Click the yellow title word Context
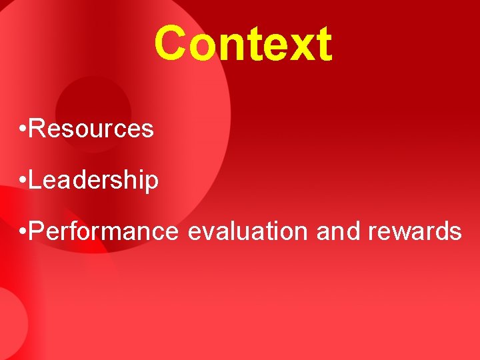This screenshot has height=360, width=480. click(243, 44)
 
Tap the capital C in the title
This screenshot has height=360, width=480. click(171, 44)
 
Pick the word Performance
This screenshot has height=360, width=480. click(104, 231)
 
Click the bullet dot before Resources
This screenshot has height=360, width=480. click(23, 128)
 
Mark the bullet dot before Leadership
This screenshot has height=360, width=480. click(23, 179)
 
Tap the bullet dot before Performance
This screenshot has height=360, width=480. click(23, 231)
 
